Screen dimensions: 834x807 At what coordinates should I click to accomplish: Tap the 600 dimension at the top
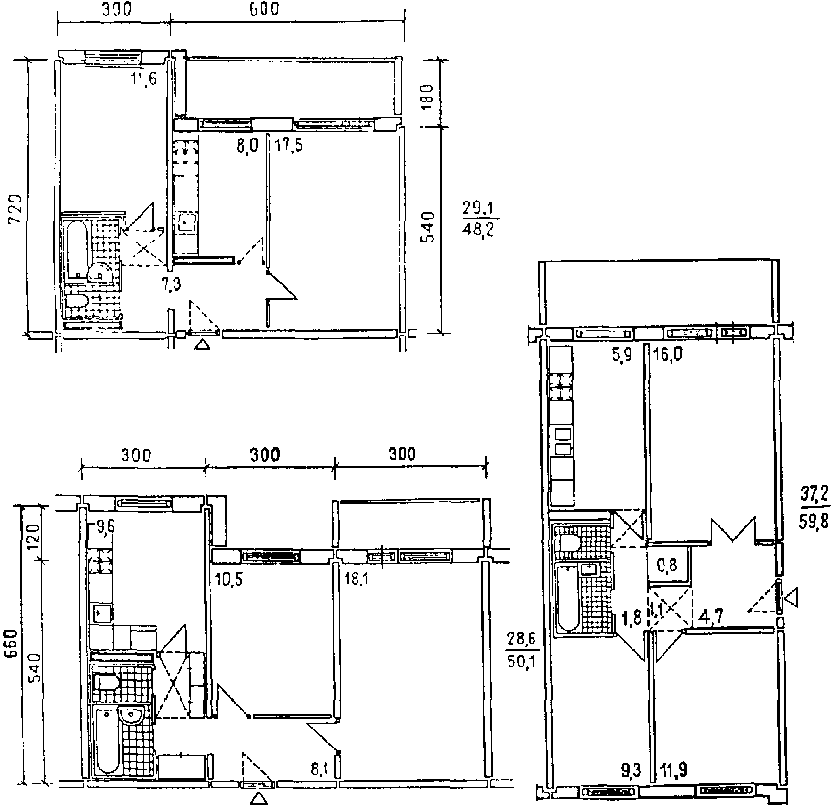(265, 9)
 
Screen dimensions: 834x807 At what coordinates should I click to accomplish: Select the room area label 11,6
(143, 79)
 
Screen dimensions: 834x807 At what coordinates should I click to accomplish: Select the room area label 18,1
(358, 579)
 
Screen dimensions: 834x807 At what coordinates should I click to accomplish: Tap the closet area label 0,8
(667, 565)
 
